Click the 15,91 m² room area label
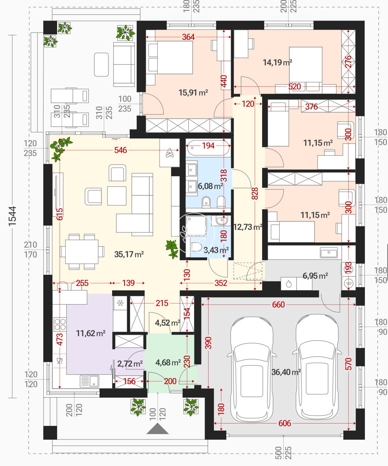click(193, 92)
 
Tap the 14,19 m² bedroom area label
click(277, 62)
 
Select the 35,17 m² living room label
click(129, 254)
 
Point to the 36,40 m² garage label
click(286, 372)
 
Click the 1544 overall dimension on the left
click(12, 216)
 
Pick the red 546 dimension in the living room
click(121, 150)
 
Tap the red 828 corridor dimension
click(255, 193)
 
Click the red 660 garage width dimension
click(278, 305)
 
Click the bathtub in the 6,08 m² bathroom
click(208, 148)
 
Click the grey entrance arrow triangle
click(157, 428)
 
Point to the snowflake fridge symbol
click(120, 303)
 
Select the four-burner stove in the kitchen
click(60, 324)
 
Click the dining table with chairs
click(82, 252)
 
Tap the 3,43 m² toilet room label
click(216, 250)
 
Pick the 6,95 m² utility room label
click(315, 276)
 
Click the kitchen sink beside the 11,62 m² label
click(89, 381)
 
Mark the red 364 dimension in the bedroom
click(188, 37)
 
